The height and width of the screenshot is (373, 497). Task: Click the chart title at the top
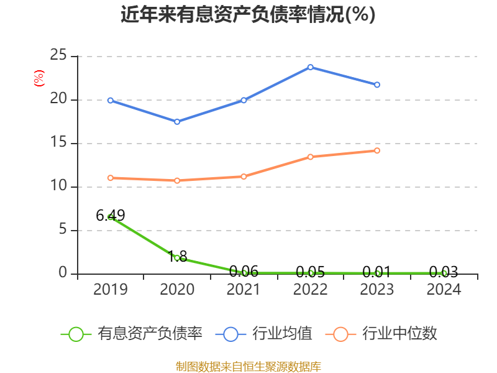pos(248,14)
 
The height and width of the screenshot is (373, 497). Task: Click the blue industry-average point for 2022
pos(311,67)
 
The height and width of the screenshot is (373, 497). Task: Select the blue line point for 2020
pos(177,122)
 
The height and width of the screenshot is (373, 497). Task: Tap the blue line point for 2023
pos(377,85)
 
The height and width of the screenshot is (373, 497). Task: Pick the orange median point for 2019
pos(111,178)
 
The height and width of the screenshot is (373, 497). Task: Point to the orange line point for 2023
pos(377,150)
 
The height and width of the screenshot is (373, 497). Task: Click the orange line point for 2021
pos(244,177)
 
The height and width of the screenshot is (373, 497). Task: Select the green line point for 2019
pos(111,217)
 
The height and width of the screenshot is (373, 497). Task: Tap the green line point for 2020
pos(177,257)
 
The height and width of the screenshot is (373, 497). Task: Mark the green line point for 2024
pos(444,273)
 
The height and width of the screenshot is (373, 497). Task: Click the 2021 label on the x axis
pos(244,290)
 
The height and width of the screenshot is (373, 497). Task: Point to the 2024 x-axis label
pos(444,290)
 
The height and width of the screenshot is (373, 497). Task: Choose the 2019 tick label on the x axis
pos(111,290)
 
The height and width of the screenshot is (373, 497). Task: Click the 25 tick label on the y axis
pos(58,56)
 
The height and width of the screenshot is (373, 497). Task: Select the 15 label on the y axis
pos(58,143)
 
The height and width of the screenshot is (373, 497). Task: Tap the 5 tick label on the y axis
pos(62,230)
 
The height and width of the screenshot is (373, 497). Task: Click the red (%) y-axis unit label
pos(39,79)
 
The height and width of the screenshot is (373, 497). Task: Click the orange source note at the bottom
pos(248,366)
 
